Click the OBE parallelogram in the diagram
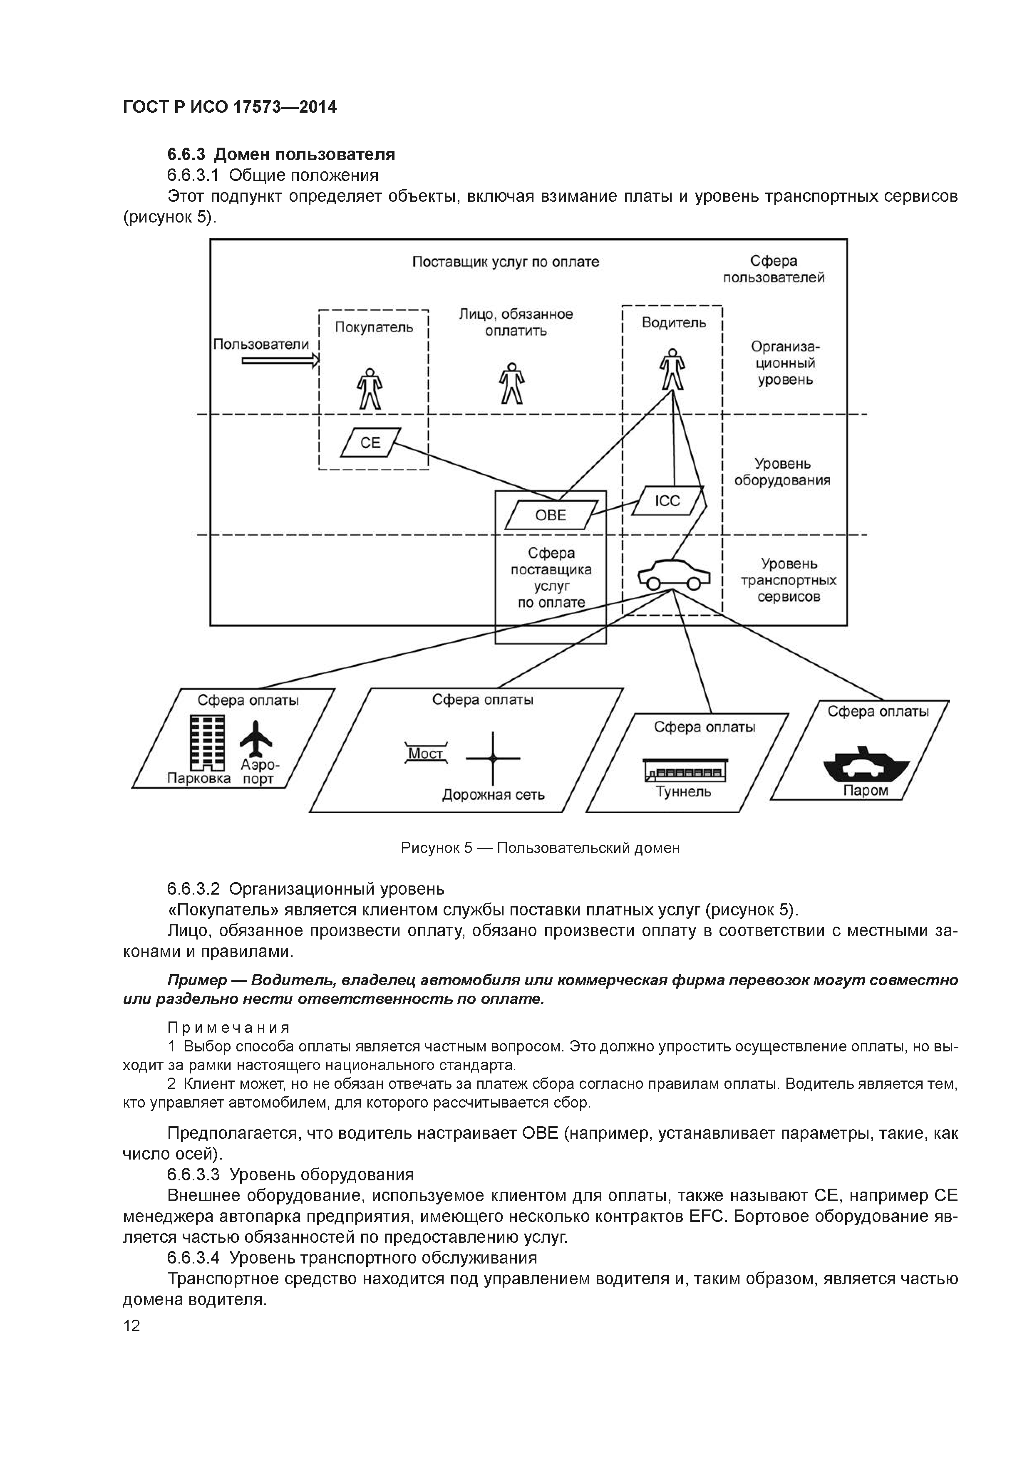(x=551, y=515)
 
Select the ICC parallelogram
(x=667, y=501)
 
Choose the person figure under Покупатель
(x=370, y=388)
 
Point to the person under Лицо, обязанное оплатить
(x=511, y=383)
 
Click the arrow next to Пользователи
(x=280, y=361)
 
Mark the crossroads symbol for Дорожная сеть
(x=493, y=758)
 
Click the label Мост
(x=425, y=754)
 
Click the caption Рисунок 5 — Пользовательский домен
(x=540, y=848)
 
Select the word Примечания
(x=228, y=1028)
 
